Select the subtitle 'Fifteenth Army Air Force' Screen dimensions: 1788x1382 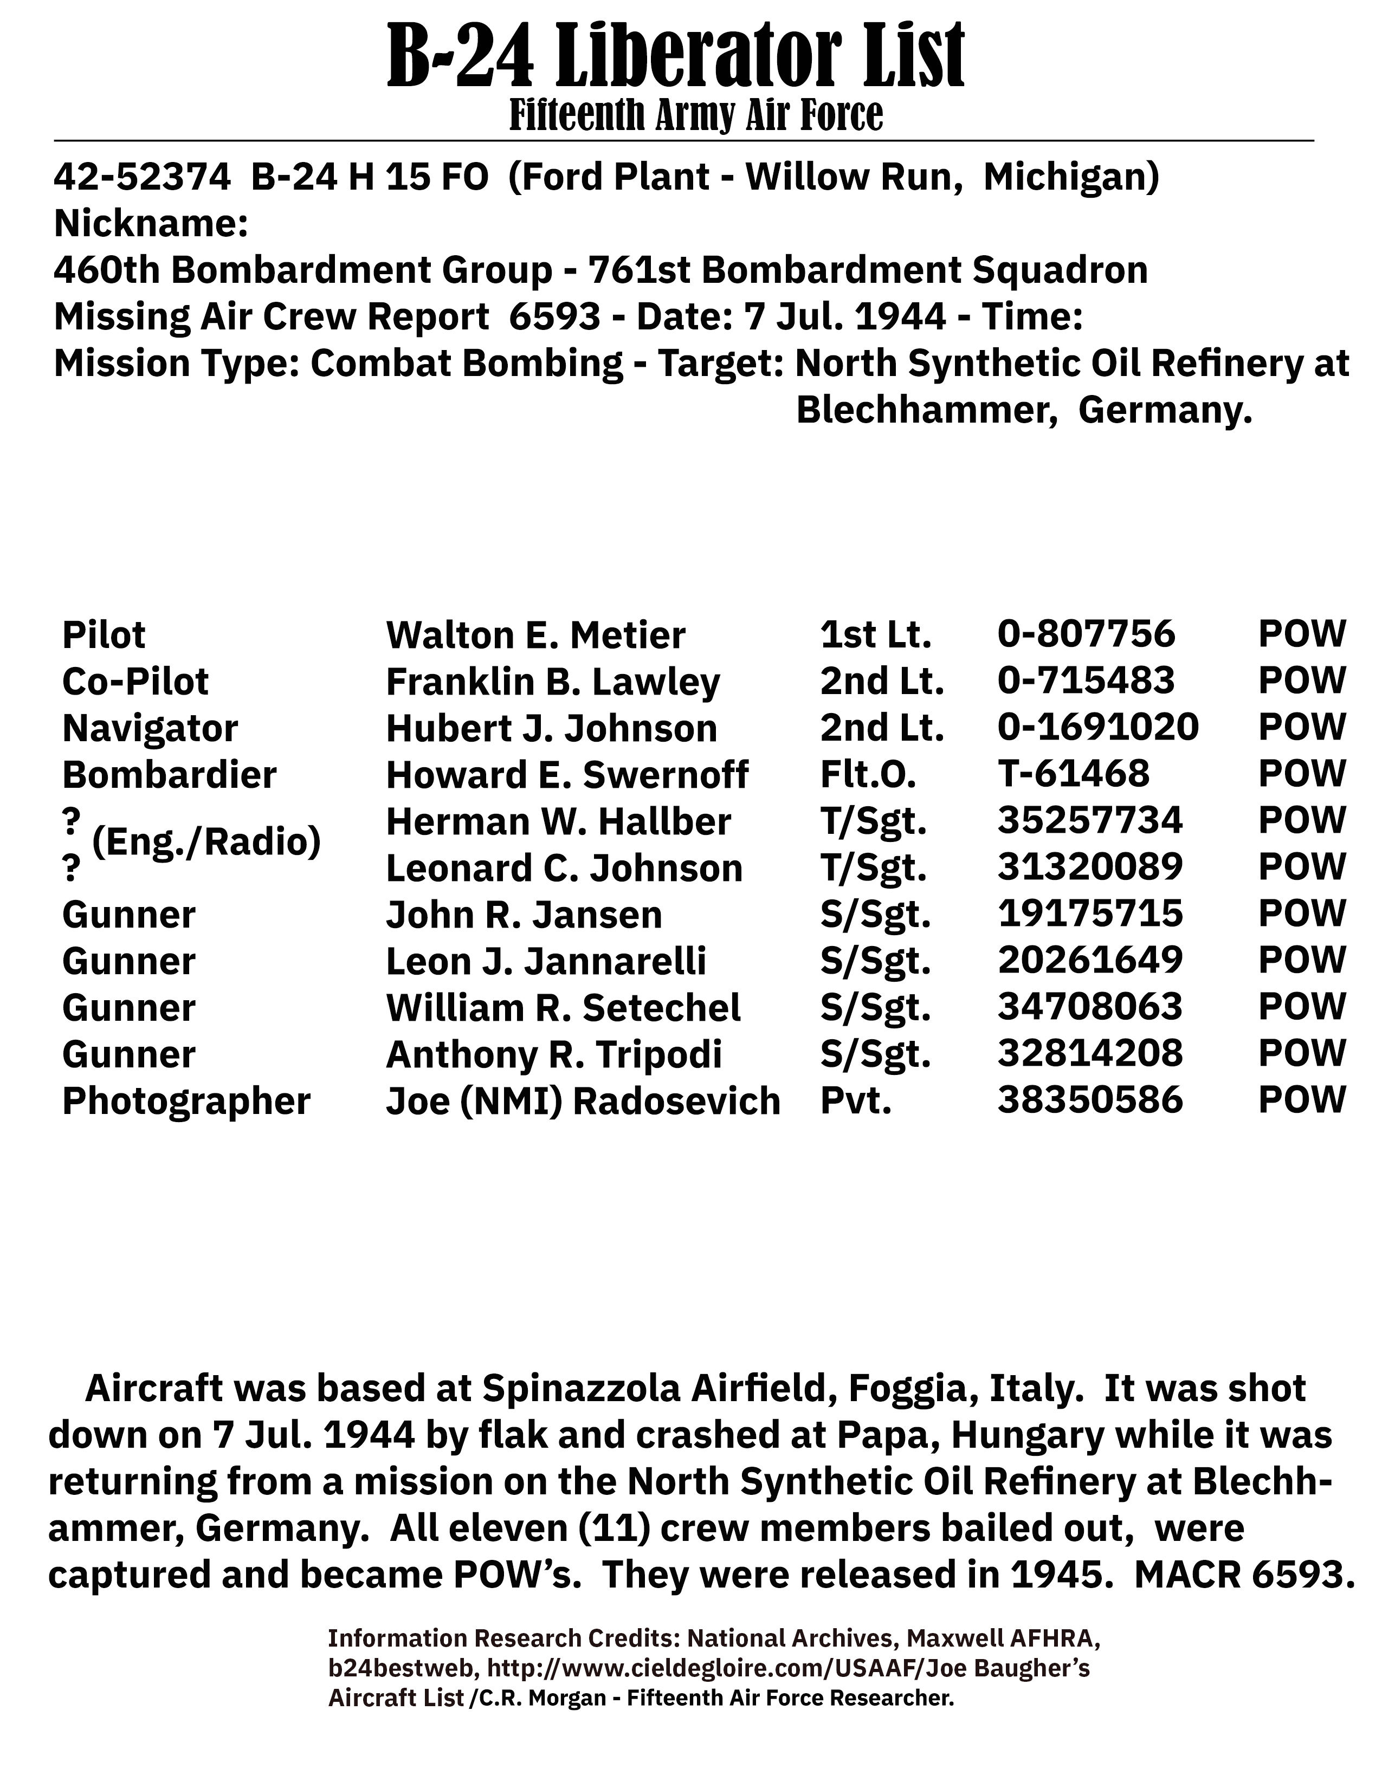(x=696, y=115)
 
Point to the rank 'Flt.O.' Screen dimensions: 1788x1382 (x=868, y=774)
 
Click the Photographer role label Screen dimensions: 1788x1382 (x=186, y=1101)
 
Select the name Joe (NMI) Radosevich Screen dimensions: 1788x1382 (x=583, y=1101)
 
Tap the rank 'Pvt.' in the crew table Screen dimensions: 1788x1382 (x=856, y=1101)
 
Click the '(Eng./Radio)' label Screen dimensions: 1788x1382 (x=206, y=841)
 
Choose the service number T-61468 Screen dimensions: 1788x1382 (x=1073, y=774)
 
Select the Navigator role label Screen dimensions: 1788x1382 (x=150, y=728)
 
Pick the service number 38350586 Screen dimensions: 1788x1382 (x=1090, y=1101)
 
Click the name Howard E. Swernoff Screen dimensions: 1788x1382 (x=566, y=774)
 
